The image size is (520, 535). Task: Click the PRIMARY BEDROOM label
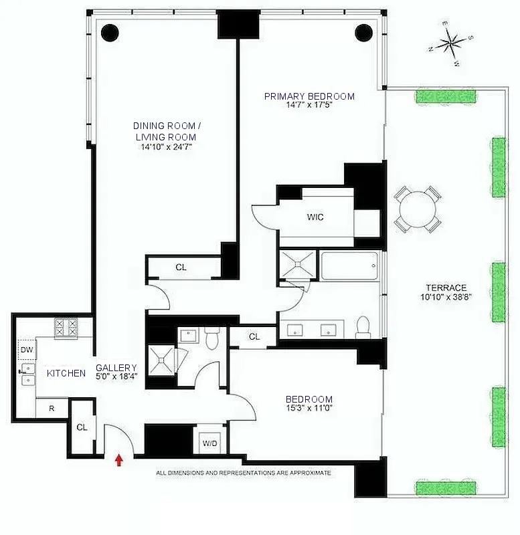tap(309, 96)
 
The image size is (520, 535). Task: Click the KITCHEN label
tap(66, 373)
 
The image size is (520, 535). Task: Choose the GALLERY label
tap(116, 368)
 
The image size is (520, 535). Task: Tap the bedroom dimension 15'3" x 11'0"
tap(309, 409)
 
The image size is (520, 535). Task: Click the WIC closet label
tap(316, 217)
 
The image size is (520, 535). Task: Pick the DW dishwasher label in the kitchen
tap(26, 350)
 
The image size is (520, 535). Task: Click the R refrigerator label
tap(51, 408)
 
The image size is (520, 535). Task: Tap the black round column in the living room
tap(110, 31)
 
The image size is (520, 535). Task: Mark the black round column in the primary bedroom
tap(363, 31)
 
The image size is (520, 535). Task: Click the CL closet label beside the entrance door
tap(81, 427)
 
